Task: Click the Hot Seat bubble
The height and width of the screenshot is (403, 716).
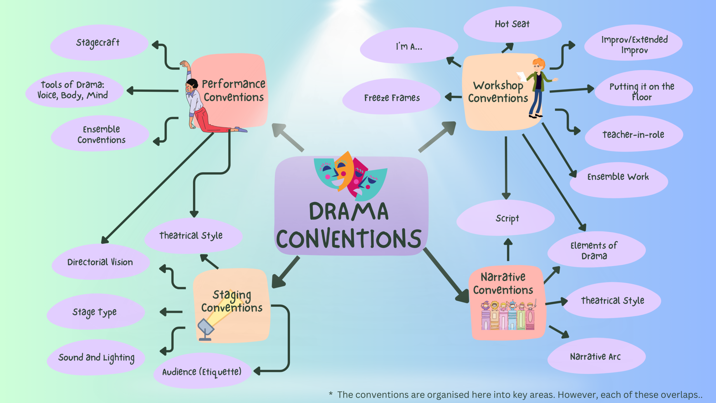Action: pyautogui.click(x=512, y=24)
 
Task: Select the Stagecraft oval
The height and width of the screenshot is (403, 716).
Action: pyautogui.click(x=98, y=43)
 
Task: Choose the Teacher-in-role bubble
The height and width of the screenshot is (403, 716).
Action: pyautogui.click(x=633, y=134)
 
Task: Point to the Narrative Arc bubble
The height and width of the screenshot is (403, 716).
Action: pyautogui.click(x=596, y=356)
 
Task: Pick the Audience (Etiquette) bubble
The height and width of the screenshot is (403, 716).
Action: pyautogui.click(x=202, y=371)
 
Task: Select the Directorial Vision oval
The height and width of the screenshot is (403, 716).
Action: pyautogui.click(x=100, y=262)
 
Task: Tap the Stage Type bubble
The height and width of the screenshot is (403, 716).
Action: pyautogui.click(x=95, y=312)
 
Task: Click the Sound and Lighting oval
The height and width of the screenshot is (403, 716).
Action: pyautogui.click(x=96, y=357)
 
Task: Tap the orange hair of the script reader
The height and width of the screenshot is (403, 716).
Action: pyautogui.click(x=539, y=63)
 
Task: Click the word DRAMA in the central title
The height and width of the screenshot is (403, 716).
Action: pyautogui.click(x=348, y=212)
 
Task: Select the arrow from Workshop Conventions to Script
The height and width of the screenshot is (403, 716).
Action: pyautogui.click(x=506, y=168)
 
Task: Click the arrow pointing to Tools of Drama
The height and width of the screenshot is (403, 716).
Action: pyautogui.click(x=152, y=90)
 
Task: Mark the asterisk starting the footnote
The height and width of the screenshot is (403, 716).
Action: pyautogui.click(x=331, y=394)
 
